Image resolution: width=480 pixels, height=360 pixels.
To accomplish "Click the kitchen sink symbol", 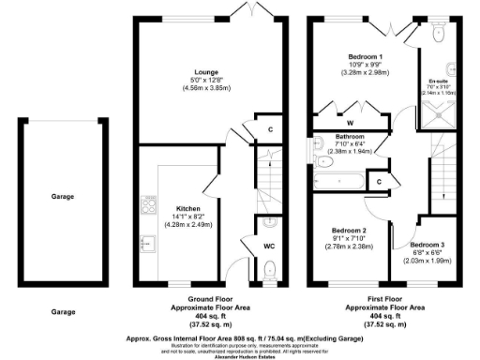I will (146, 242).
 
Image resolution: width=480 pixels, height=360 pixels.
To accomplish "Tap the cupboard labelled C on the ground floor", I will (271, 129).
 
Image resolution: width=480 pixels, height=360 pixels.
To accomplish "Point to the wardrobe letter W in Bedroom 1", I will (350, 122).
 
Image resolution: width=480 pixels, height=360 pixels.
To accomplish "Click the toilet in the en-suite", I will (441, 33).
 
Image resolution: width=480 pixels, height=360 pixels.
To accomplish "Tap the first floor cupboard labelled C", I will (379, 180).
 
